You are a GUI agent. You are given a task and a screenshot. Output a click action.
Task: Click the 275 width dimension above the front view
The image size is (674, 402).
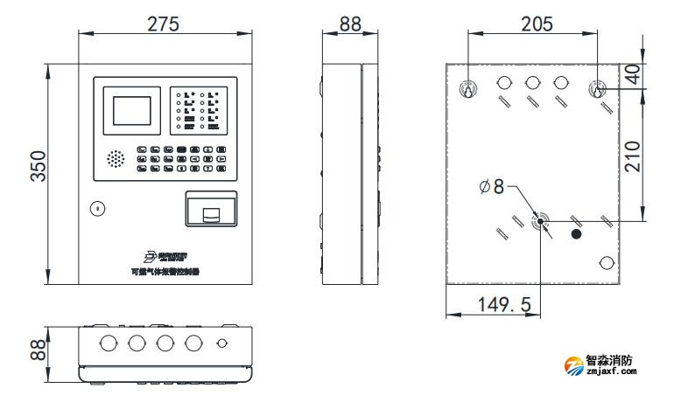pos(163,24)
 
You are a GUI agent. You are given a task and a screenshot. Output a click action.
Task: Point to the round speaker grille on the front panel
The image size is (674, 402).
pos(115,159)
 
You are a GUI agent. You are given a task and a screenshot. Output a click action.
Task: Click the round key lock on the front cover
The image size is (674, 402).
pos(96,208)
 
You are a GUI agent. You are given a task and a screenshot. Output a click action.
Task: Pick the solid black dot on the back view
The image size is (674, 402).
pos(576,233)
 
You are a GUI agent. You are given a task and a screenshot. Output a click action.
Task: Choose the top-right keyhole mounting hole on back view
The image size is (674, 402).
pos(599,89)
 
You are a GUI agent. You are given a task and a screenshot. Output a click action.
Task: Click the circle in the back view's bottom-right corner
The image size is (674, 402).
pos(605,264)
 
